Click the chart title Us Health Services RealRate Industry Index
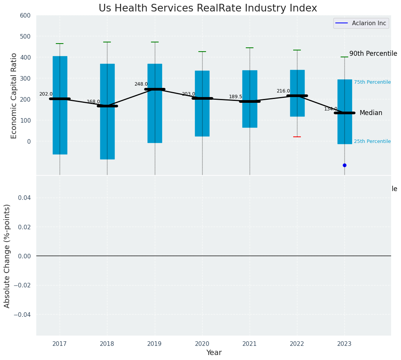pyautogui.click(x=208, y=8)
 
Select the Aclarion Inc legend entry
pyautogui.click(x=361, y=23)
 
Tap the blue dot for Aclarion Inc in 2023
pyautogui.click(x=344, y=165)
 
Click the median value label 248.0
pyautogui.click(x=141, y=84)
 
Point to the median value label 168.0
pyautogui.click(x=93, y=102)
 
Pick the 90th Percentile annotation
pyautogui.click(x=373, y=54)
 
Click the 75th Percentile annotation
pyautogui.click(x=372, y=82)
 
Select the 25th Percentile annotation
pyautogui.click(x=372, y=141)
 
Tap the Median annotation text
pyautogui.click(x=371, y=113)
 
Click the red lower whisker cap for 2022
pyautogui.click(x=297, y=137)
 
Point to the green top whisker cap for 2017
pyautogui.click(x=60, y=44)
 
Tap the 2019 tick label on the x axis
pyautogui.click(x=154, y=344)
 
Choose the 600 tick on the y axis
pyautogui.click(x=25, y=16)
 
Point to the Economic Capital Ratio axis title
pyautogui.click(x=14, y=96)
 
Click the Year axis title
pyautogui.click(x=214, y=353)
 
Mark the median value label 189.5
pyautogui.click(x=235, y=97)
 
